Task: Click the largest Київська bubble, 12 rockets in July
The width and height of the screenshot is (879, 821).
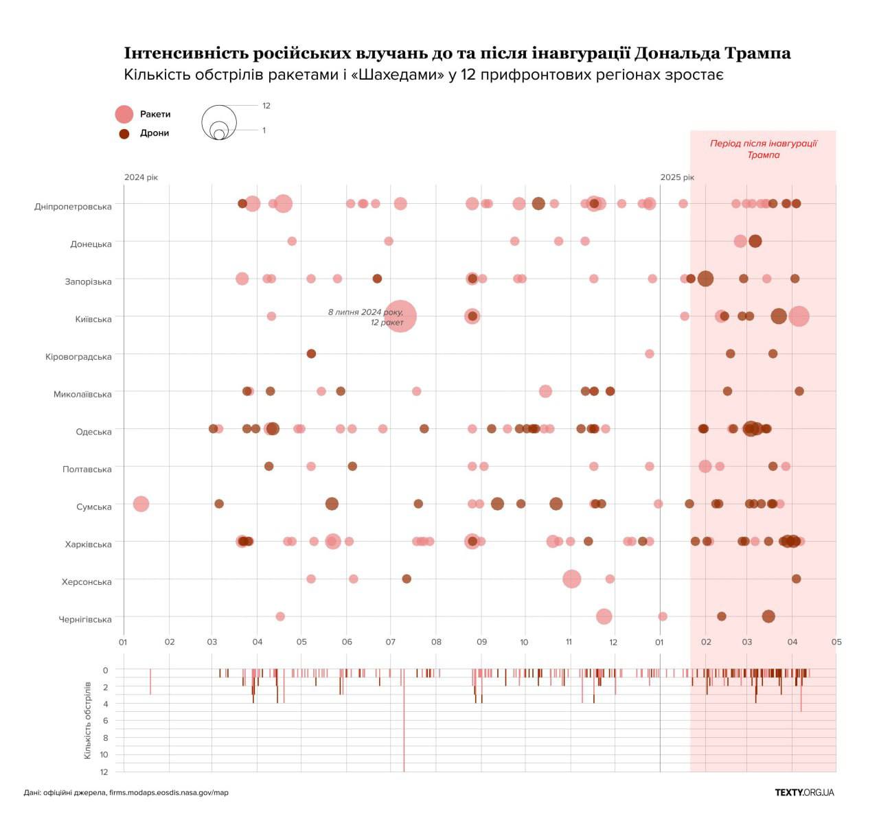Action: click(x=400, y=316)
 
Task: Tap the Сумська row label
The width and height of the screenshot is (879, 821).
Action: click(x=93, y=507)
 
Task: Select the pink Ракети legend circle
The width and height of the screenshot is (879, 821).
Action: click(x=124, y=115)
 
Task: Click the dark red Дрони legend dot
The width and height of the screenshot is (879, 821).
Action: click(x=124, y=134)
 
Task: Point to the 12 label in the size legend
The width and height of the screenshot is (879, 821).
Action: click(x=266, y=106)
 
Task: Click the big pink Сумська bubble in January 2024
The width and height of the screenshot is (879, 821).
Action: click(x=141, y=504)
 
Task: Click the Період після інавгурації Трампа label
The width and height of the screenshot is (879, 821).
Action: click(x=763, y=149)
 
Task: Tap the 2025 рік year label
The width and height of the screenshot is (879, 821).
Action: click(x=677, y=177)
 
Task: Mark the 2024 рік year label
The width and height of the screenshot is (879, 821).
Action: click(x=141, y=177)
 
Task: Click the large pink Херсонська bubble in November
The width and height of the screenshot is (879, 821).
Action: click(x=571, y=579)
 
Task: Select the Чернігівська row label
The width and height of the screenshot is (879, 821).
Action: click(x=84, y=620)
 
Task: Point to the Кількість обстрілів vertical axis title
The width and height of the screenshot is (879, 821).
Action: click(x=87, y=720)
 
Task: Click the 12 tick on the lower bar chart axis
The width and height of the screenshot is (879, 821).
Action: click(x=104, y=772)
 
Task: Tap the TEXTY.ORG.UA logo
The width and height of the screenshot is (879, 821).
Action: click(x=804, y=792)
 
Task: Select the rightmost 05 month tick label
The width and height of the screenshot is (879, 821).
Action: click(x=836, y=643)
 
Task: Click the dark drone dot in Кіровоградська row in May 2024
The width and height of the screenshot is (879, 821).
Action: click(x=311, y=354)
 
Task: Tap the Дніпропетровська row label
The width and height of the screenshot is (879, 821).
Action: click(x=73, y=207)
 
